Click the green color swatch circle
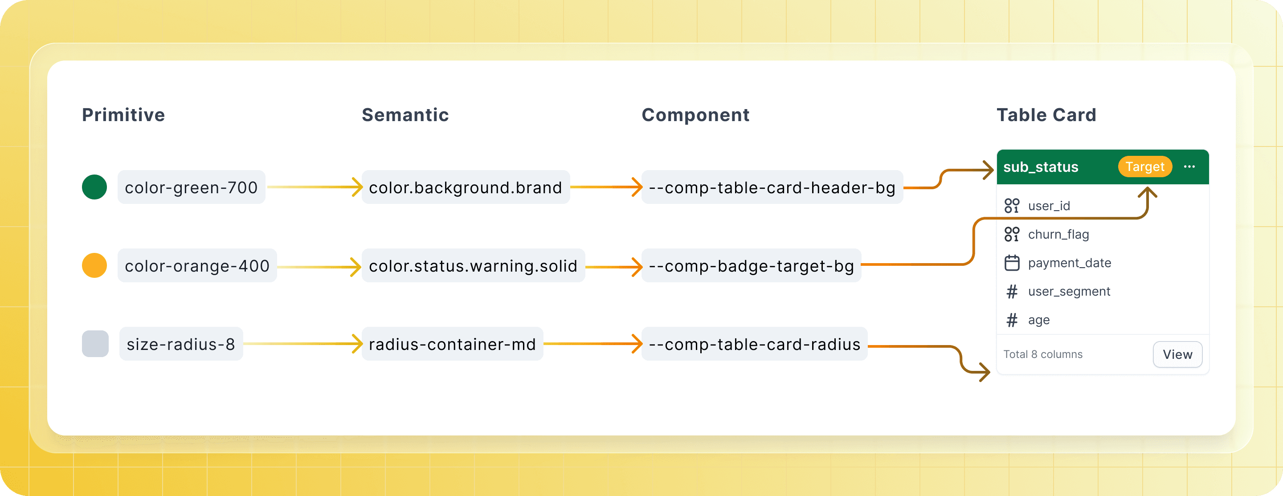tap(94, 187)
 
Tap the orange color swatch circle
tap(94, 265)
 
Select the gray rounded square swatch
tap(95, 344)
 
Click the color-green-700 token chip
tap(191, 187)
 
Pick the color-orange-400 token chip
tap(197, 265)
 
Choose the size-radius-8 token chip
tap(181, 344)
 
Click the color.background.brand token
tap(466, 187)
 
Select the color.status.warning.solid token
tap(473, 265)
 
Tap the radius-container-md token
tap(452, 344)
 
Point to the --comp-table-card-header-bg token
tap(772, 187)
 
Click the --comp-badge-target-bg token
tap(751, 265)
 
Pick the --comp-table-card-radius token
tap(755, 344)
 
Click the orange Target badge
tap(1145, 167)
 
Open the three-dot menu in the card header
tap(1189, 167)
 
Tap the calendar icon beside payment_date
tap(1012, 262)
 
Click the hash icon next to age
tap(1012, 320)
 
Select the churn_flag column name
tap(1058, 234)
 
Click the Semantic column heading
tap(405, 115)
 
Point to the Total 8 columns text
tap(1043, 354)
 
